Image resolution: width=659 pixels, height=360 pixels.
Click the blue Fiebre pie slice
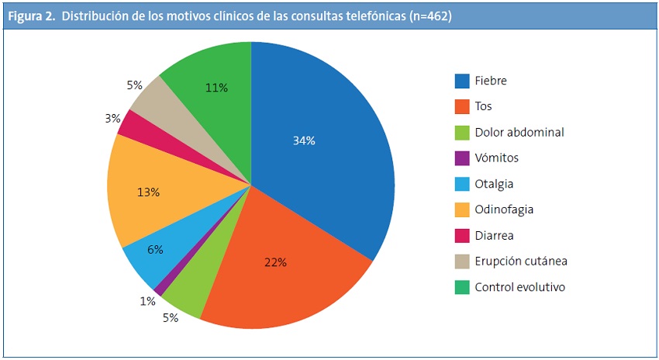[x=326, y=155]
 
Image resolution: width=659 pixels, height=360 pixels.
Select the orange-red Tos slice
[x=279, y=279]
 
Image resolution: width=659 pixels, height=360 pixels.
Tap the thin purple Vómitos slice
[x=160, y=290]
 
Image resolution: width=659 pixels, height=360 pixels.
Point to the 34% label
[x=304, y=140]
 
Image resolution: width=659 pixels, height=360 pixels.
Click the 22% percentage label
[x=274, y=262]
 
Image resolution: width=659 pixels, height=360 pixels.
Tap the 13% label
[x=149, y=192]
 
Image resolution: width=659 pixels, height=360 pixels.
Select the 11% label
[x=216, y=88]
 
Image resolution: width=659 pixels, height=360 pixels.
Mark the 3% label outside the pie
[x=112, y=119]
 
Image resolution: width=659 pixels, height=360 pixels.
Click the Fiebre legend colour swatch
[x=462, y=80]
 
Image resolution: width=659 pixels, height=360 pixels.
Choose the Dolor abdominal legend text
[x=519, y=132]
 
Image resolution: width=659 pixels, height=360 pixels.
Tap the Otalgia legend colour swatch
[x=462, y=184]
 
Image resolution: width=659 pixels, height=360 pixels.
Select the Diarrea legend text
[x=495, y=235]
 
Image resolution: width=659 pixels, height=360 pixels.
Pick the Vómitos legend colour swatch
[x=462, y=157]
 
